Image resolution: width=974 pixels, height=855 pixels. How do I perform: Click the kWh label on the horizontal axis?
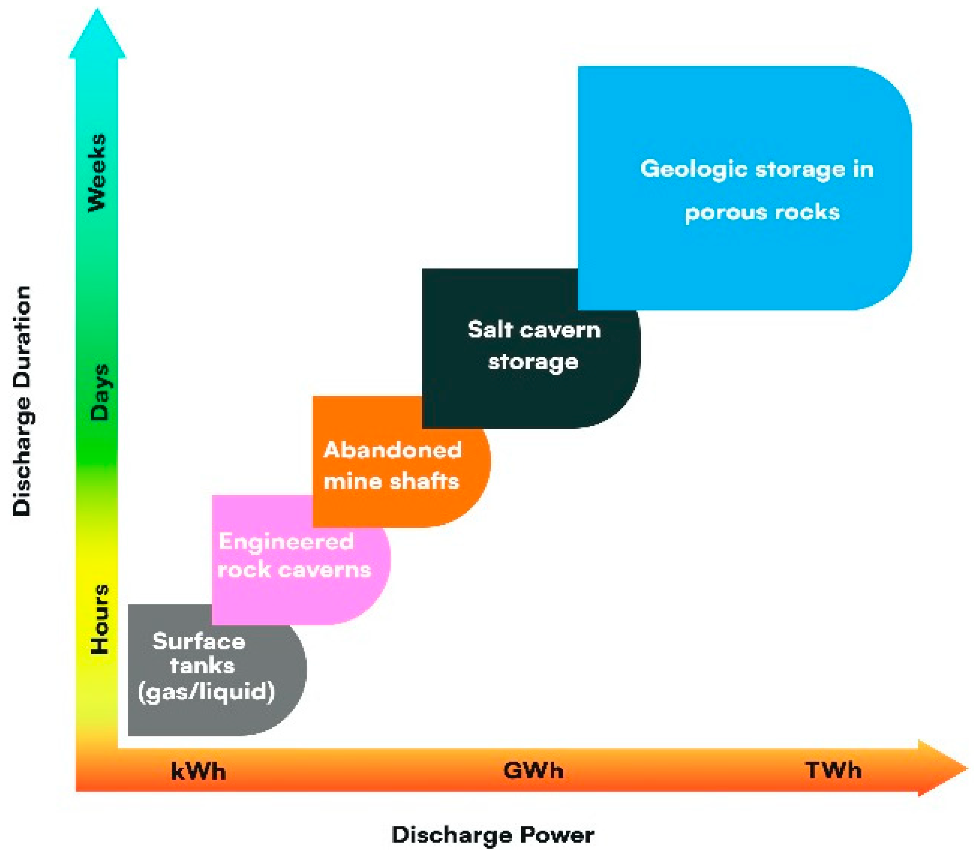tap(198, 771)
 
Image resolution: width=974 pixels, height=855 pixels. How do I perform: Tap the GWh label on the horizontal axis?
tap(533, 770)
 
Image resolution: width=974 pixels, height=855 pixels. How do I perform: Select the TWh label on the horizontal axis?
tap(833, 770)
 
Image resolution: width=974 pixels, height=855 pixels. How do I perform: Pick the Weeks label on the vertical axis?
tap(97, 173)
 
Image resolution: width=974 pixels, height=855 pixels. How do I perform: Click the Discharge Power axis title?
tap(493, 835)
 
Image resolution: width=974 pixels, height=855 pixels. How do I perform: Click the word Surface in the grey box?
tap(199, 641)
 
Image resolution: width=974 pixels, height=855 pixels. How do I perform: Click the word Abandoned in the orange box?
tap(393, 450)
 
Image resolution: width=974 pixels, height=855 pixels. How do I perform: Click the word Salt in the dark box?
tap(490, 329)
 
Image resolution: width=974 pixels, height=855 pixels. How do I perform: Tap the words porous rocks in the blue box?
tap(762, 212)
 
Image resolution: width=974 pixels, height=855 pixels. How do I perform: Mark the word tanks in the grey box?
tap(203, 666)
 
